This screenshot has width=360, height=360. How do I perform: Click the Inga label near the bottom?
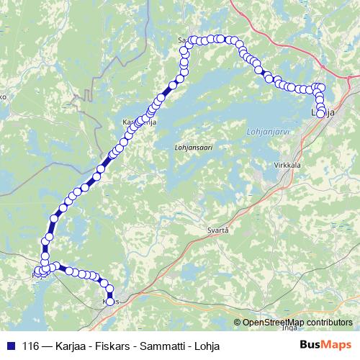289,328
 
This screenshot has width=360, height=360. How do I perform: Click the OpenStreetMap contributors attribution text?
297,323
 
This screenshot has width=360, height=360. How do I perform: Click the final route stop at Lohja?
320,113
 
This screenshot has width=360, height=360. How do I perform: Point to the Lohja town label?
325,113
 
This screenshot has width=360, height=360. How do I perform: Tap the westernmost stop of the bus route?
36,272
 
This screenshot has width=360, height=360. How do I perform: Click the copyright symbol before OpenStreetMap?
238,323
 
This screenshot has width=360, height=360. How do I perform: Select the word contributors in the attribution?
329,323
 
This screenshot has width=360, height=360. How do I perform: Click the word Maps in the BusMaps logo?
337,344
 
